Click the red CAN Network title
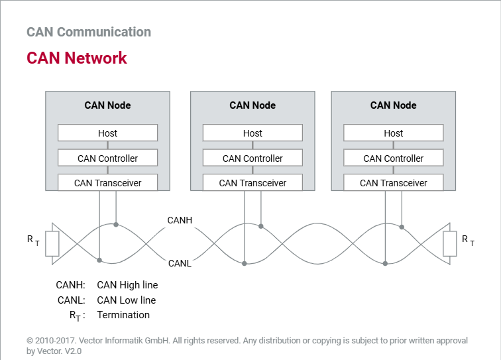[77, 58]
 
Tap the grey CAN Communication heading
[89, 32]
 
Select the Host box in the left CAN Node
[107, 133]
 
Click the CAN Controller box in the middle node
[252, 158]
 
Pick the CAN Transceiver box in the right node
[394, 182]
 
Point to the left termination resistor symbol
[52, 243]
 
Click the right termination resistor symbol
[450, 243]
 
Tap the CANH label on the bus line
[180, 220]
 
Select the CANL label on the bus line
[180, 263]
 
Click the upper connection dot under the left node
[116, 225]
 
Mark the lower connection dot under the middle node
[245, 263]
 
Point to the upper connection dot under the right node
[402, 227]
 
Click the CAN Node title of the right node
[394, 105]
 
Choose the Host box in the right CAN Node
[394, 133]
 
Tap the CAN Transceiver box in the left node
[107, 182]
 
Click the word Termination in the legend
[123, 315]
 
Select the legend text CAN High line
[127, 285]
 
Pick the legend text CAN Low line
[127, 300]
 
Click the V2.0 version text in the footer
[73, 351]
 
